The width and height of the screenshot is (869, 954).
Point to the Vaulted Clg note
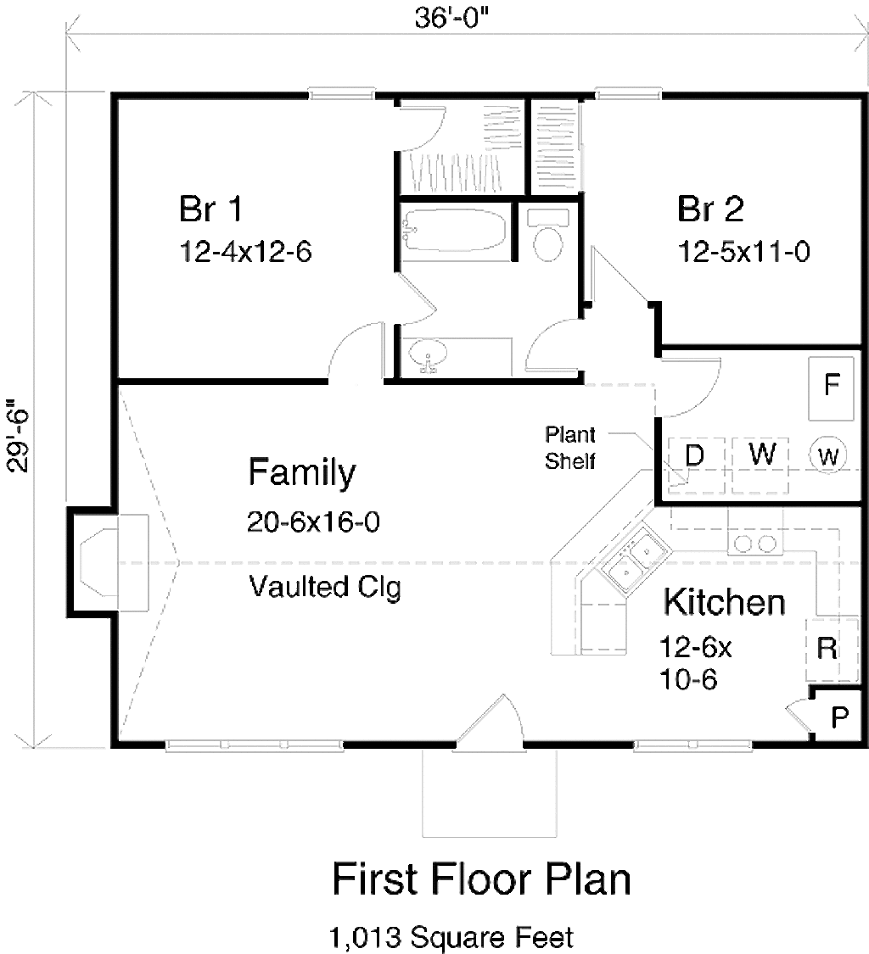coord(325,587)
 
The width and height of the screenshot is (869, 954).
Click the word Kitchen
coord(724,603)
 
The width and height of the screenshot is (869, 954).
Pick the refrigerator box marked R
coord(827,649)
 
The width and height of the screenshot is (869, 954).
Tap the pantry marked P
coord(839,718)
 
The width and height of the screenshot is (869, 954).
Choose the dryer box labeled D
coord(695,455)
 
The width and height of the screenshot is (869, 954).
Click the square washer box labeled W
coord(763,454)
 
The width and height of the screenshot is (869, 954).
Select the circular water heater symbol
coord(828,457)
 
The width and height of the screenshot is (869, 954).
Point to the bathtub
coord(455,231)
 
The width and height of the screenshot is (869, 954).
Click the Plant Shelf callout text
coord(569,448)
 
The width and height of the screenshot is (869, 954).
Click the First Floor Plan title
coord(481,879)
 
